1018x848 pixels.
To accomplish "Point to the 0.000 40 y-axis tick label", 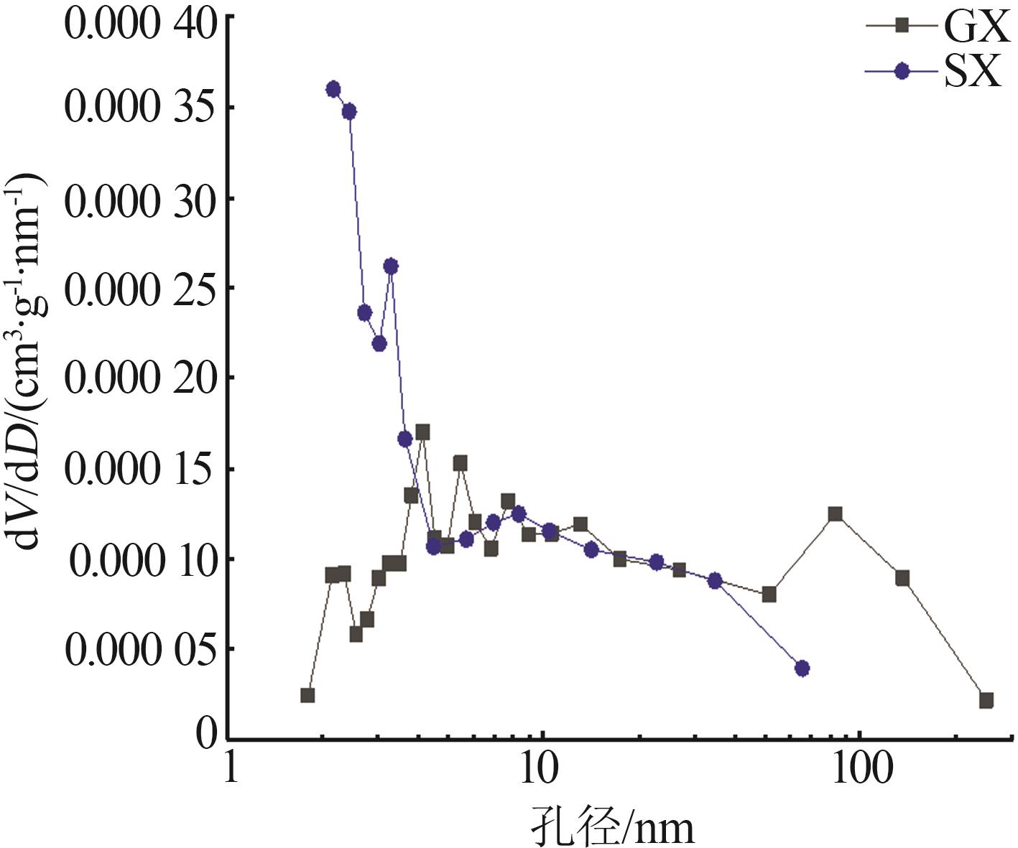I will [x=140, y=23].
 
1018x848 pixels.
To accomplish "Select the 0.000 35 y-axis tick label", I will [x=140, y=107].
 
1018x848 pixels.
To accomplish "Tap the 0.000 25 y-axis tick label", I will [x=140, y=288].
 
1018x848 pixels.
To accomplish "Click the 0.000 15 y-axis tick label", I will [x=140, y=468].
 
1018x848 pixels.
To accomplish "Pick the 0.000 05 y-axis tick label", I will [x=140, y=649].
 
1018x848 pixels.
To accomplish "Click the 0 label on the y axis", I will [x=207, y=734].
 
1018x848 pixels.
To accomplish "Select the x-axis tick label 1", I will [x=231, y=768].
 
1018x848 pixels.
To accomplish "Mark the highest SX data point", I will [x=333, y=89].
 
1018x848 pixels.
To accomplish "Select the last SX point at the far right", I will [x=802, y=668].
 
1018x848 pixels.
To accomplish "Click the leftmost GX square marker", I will [x=307, y=695].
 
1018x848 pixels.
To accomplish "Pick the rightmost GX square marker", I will [x=986, y=700].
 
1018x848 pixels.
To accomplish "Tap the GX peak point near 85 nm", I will [x=835, y=514].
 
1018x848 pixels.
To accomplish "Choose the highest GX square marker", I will [x=422, y=432].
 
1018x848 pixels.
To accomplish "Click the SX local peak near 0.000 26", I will [x=390, y=266].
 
